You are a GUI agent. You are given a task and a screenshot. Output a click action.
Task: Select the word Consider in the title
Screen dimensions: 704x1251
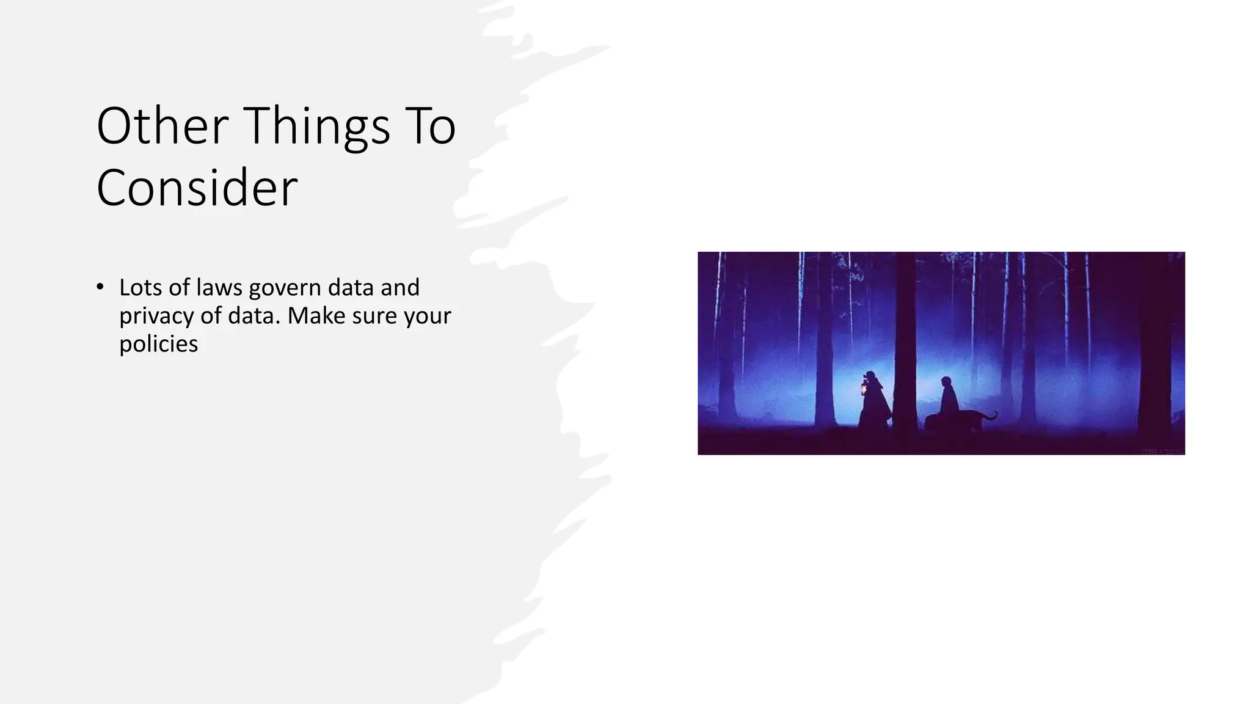[x=197, y=188]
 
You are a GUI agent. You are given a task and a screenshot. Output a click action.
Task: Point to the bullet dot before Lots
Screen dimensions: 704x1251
[x=100, y=287]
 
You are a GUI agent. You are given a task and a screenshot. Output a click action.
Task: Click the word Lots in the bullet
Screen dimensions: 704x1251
[x=140, y=287]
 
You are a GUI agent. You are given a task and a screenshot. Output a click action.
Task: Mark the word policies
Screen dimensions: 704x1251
[x=158, y=343]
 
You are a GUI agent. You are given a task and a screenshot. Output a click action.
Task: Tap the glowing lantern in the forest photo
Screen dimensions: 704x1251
[x=863, y=389]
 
